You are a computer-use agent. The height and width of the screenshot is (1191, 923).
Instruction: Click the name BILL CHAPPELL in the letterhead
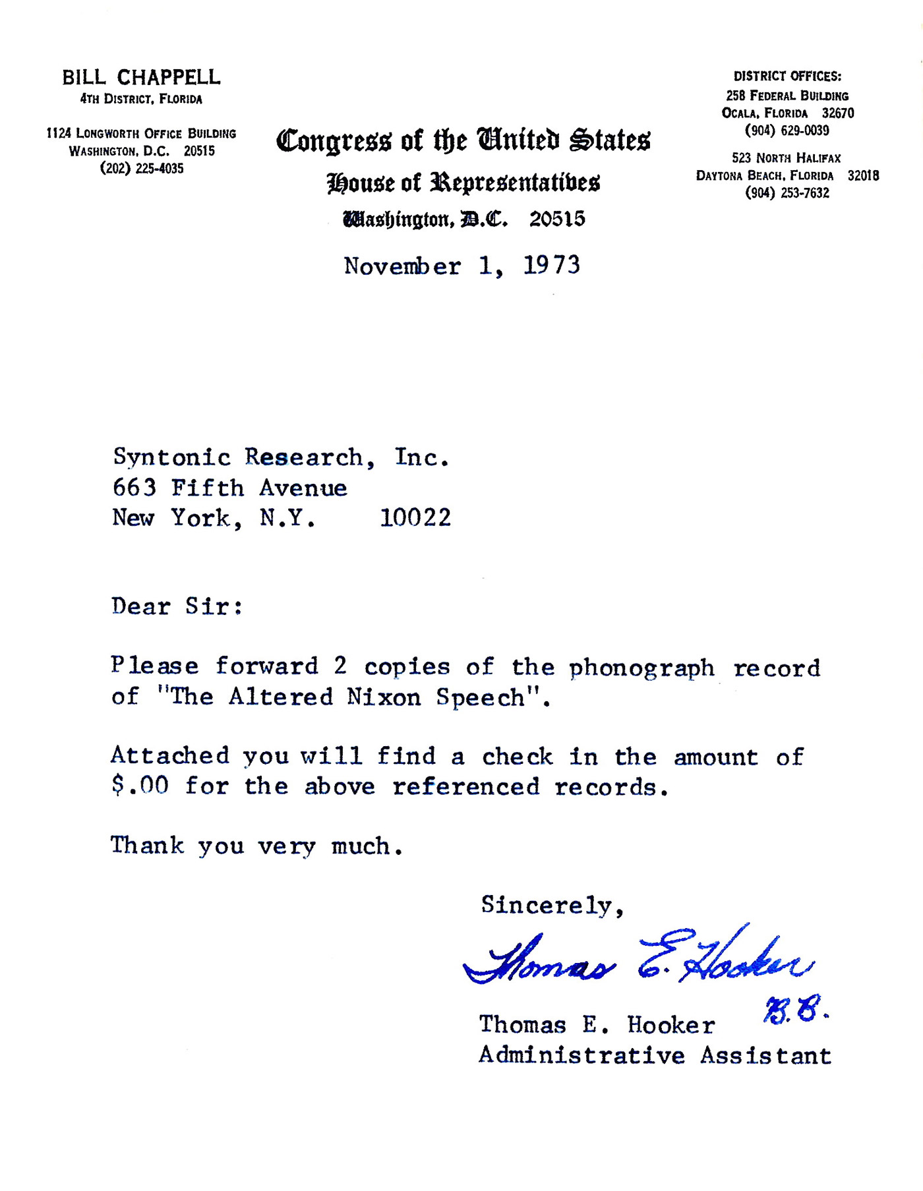[141, 78]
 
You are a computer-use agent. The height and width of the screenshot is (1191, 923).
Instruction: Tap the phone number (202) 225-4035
[142, 169]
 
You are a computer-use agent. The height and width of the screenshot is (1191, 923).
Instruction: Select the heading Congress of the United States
[463, 140]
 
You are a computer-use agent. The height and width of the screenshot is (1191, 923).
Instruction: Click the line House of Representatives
[463, 183]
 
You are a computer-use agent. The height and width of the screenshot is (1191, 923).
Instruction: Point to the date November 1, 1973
[461, 266]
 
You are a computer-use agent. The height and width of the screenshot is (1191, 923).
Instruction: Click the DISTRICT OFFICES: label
[787, 76]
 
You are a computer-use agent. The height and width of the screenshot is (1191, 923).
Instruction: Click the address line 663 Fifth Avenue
[229, 488]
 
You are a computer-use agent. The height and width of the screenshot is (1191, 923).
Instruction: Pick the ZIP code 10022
[415, 518]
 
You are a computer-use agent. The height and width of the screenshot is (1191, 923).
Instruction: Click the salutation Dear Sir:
[177, 606]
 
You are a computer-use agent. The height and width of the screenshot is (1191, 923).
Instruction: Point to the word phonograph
[641, 668]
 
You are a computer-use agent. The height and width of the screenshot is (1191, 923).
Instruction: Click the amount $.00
[140, 786]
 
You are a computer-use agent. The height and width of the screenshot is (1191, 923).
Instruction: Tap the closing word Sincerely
[551, 906]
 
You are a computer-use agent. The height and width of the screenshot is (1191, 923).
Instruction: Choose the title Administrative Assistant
[655, 1056]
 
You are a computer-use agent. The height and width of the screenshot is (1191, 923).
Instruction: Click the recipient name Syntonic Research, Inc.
[281, 457]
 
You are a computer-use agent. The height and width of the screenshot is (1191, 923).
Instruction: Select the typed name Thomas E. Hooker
[597, 1026]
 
